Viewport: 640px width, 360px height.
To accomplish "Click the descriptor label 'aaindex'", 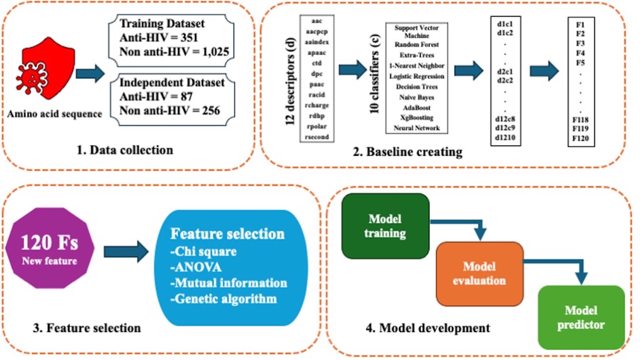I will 317,42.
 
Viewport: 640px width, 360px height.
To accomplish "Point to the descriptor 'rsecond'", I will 317,137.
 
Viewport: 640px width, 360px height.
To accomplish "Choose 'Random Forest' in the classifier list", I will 417,45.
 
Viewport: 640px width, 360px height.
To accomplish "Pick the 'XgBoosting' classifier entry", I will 417,118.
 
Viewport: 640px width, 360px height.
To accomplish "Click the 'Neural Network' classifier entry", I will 417,128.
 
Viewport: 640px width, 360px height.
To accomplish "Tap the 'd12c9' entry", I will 505,128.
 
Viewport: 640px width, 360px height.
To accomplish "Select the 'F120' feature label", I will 581,138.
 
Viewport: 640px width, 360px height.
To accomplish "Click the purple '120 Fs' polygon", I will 50,248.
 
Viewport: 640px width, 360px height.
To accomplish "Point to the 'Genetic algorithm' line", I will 223,299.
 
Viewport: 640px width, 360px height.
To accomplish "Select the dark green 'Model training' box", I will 385,226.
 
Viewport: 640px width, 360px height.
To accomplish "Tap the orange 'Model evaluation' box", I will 479,274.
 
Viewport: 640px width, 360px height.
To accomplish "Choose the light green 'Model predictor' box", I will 581,317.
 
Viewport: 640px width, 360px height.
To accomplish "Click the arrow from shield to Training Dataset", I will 90,73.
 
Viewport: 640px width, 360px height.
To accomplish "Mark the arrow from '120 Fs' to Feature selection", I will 126,251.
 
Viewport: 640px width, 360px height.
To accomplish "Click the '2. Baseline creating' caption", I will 407,152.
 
